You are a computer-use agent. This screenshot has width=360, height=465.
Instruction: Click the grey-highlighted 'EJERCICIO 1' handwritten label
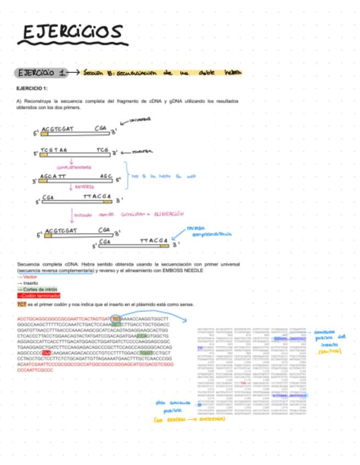(42, 73)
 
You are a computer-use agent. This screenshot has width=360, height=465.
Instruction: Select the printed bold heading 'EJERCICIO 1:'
(32, 88)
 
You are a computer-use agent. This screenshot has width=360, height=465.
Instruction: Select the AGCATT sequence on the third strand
(53, 176)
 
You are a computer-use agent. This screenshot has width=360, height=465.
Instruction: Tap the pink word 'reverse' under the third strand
(83, 187)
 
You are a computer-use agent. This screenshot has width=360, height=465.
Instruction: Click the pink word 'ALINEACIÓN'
(168, 214)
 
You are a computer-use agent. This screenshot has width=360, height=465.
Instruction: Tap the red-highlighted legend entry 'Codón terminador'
(41, 295)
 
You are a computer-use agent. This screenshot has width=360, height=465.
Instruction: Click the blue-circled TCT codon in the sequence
(116, 318)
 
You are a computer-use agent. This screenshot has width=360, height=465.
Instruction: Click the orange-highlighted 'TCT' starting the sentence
(21, 304)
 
